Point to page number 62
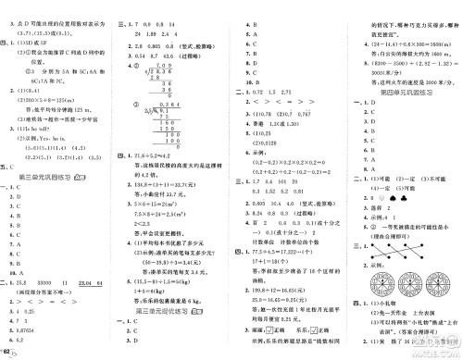(9, 353)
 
